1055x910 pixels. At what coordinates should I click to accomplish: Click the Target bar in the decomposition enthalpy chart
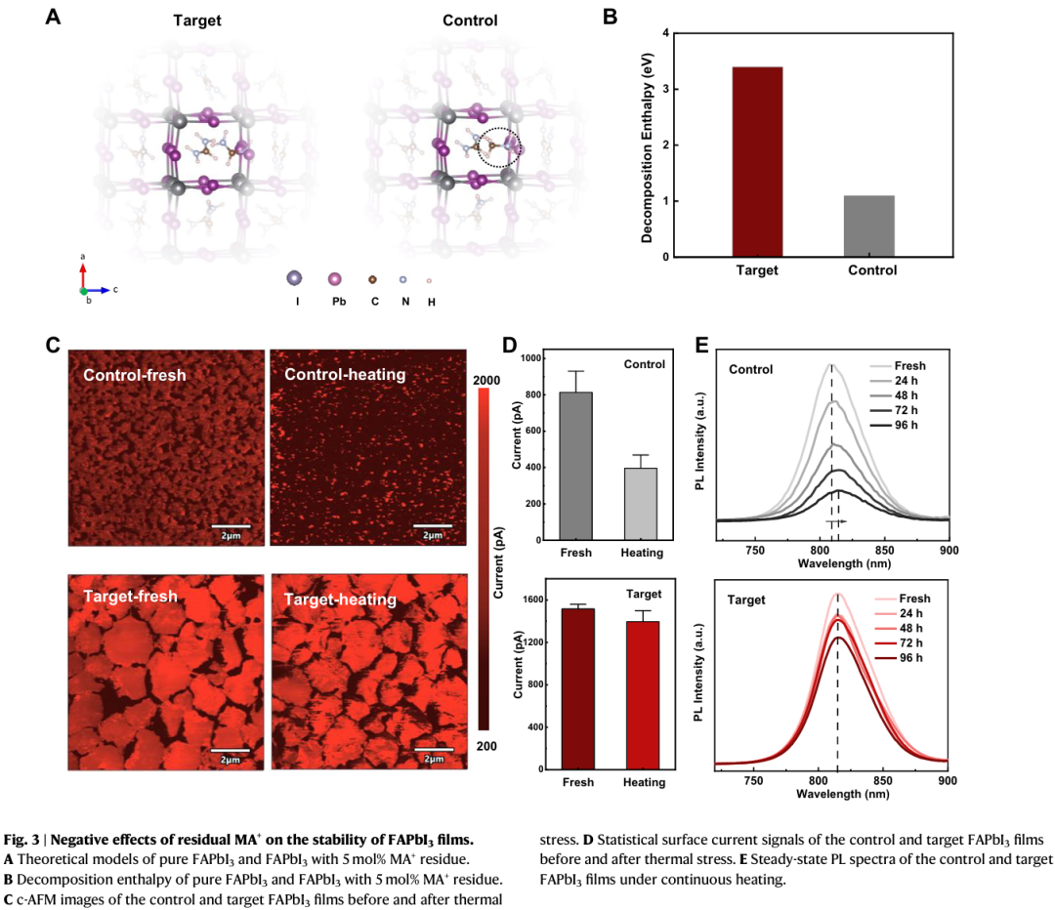click(757, 161)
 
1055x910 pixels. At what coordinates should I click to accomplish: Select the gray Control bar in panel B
click(869, 226)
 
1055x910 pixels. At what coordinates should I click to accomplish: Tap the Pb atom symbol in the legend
click(335, 280)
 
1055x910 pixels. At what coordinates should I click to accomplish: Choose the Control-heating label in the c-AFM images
click(345, 374)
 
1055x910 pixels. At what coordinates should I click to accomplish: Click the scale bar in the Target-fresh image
click(231, 750)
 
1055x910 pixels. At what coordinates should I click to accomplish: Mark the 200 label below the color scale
click(491, 745)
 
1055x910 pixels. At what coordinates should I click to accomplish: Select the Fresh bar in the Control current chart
click(575, 466)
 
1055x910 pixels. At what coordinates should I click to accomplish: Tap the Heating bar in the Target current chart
click(642, 694)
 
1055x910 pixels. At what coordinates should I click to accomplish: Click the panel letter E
click(702, 344)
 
